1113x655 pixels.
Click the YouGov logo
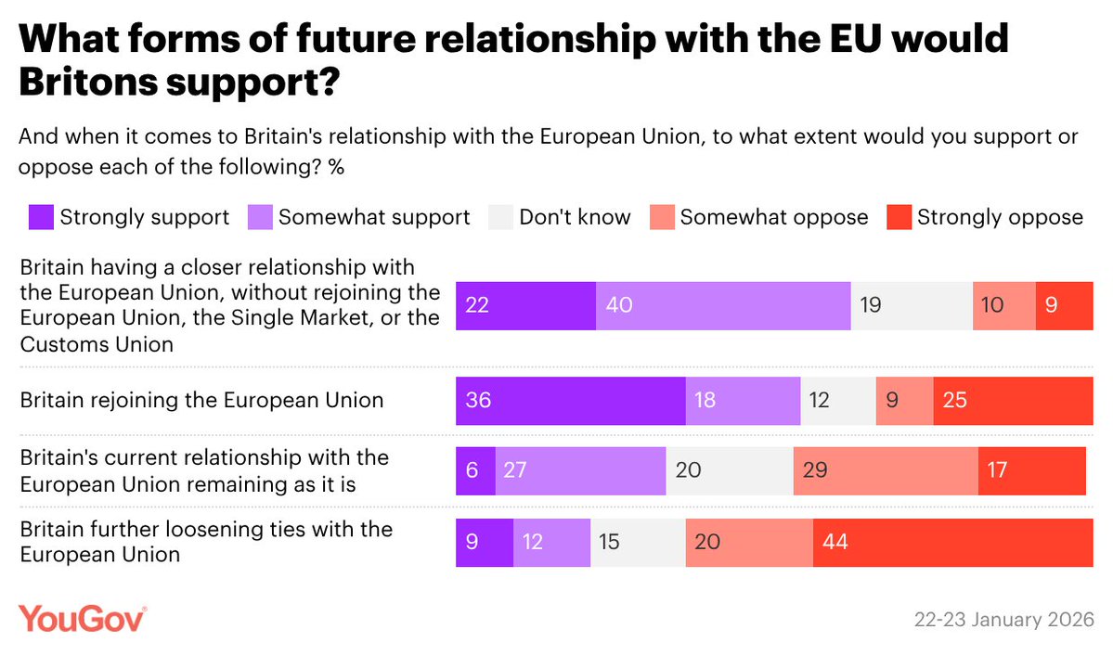coord(83,617)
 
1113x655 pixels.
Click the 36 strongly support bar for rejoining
coord(570,401)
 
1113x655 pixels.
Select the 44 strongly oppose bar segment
coord(952,543)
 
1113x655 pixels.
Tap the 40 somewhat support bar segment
coord(723,305)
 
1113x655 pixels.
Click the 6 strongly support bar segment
coord(475,471)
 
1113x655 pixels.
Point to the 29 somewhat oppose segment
coord(886,471)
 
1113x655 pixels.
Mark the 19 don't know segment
coord(912,305)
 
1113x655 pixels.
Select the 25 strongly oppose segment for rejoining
coord(1013,401)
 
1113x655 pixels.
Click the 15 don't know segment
coord(638,543)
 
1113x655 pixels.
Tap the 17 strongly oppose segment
coord(1031,471)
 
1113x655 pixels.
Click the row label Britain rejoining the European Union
coord(201,401)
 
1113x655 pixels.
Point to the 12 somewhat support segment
coord(551,543)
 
